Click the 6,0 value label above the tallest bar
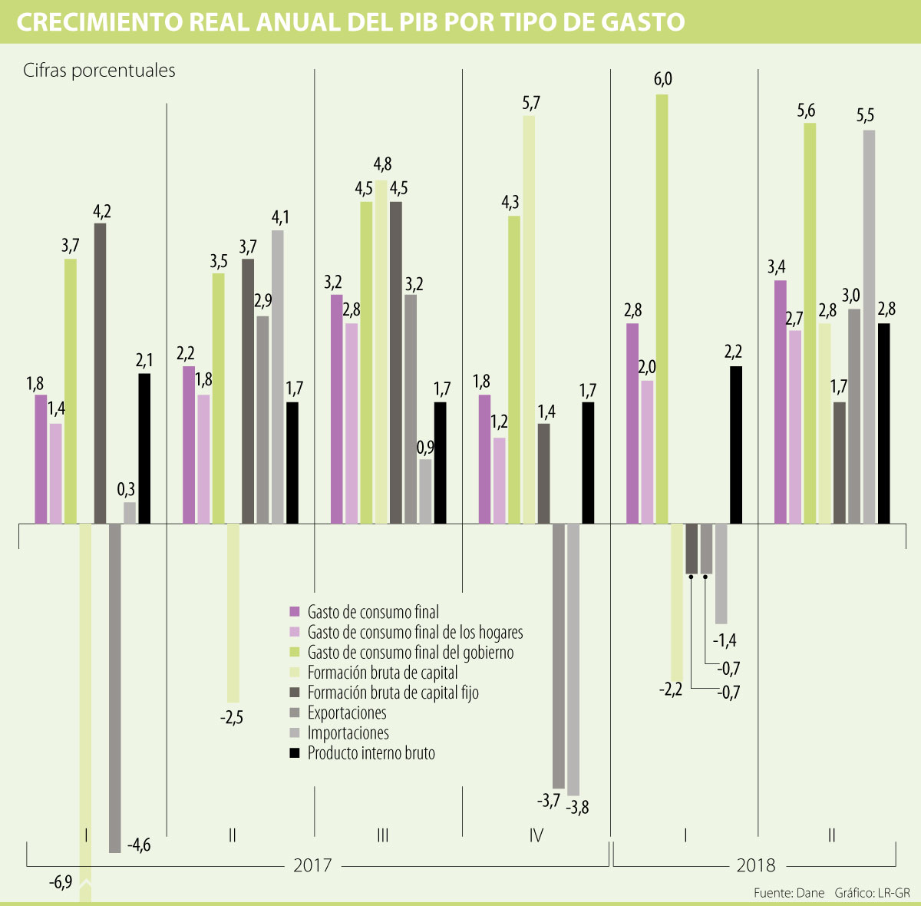coord(662,80)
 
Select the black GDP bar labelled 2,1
coord(144,448)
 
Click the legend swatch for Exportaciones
coord(294,713)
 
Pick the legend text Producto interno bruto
coord(371,753)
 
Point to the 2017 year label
coord(312,865)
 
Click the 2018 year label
coord(756,865)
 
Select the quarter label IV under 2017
coord(536,835)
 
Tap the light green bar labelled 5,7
coord(529,319)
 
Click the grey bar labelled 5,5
coord(869,327)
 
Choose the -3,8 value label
coord(577,807)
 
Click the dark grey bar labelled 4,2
coord(100,373)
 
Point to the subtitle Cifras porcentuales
coord(99,71)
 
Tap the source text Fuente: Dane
coord(788,893)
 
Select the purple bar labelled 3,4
coord(780,402)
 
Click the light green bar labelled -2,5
coord(233,613)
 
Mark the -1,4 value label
coord(725,640)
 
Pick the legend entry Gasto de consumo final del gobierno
coord(411,653)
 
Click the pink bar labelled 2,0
coord(647,452)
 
